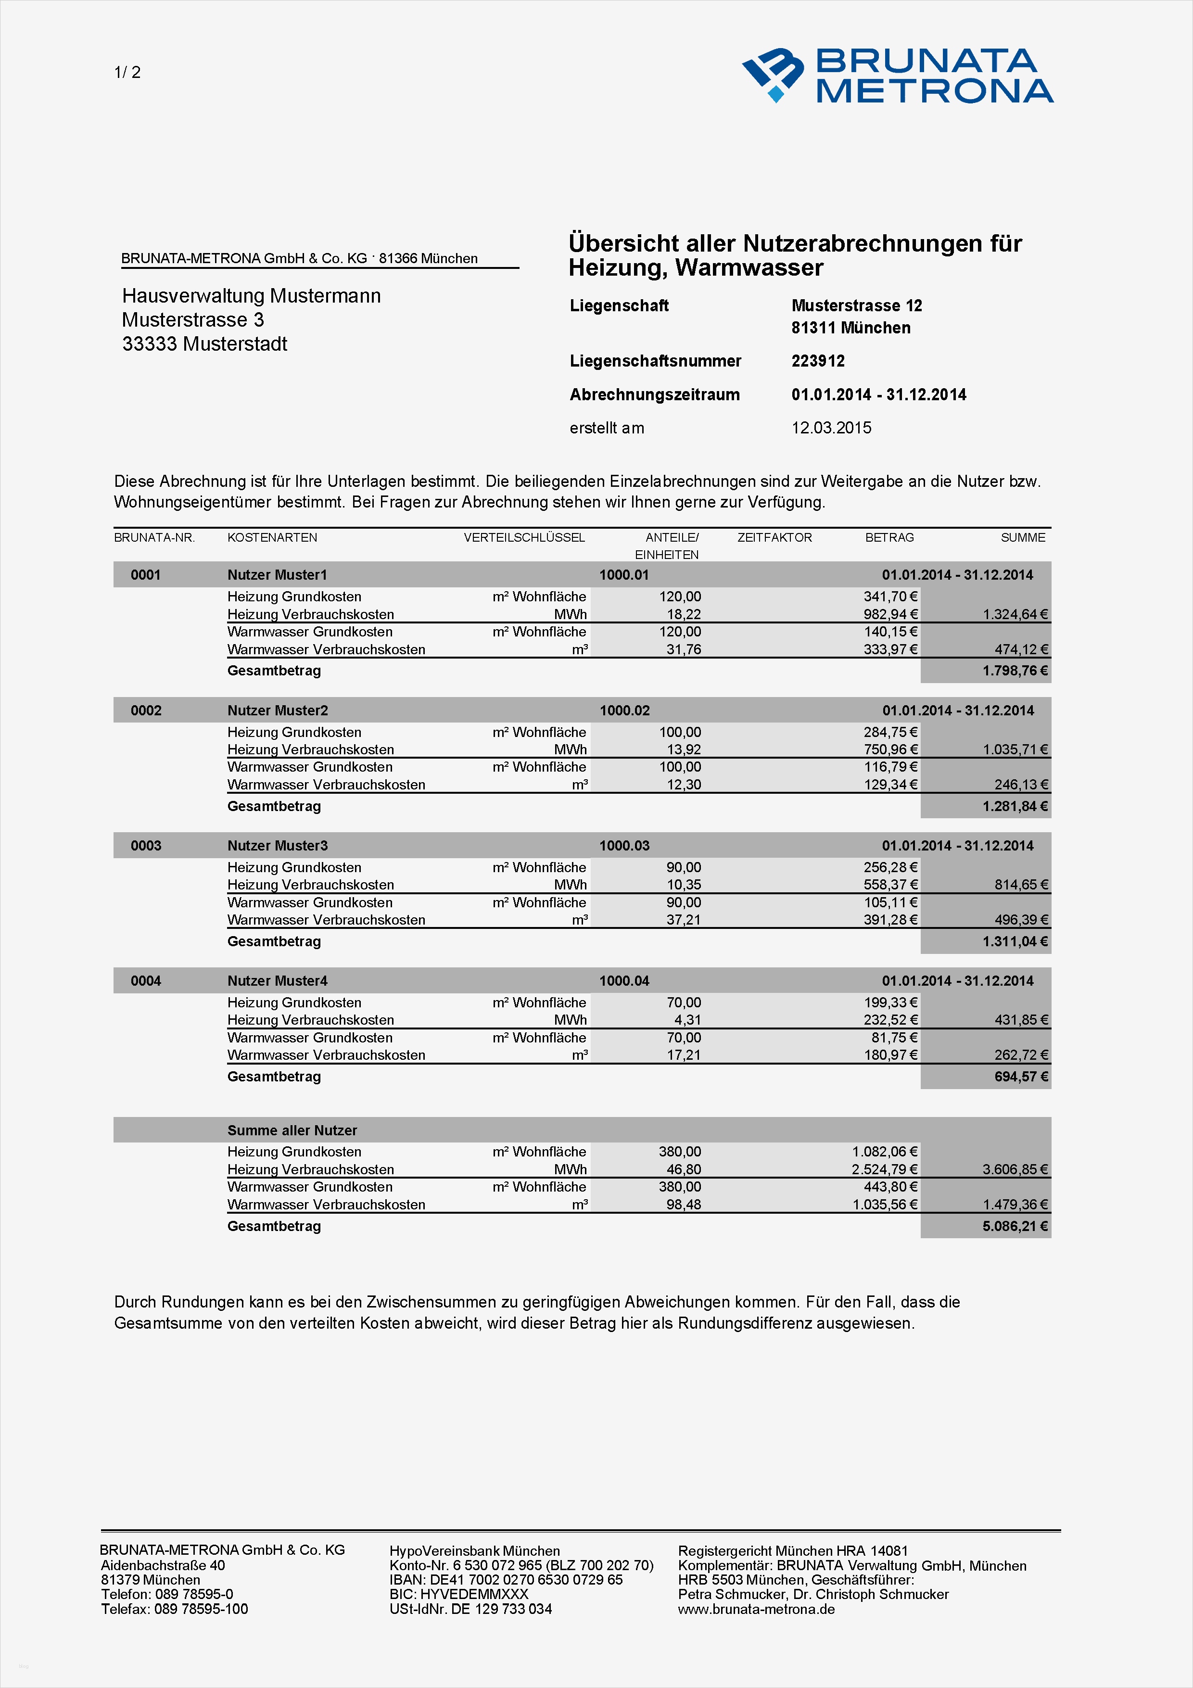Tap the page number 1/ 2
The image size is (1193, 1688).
[127, 72]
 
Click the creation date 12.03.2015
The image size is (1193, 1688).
[831, 428]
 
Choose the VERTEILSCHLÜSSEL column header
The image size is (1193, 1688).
[523, 537]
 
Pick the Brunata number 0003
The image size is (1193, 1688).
[146, 846]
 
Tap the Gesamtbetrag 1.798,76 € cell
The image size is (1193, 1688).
[1015, 671]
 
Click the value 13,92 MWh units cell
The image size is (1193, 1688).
[683, 749]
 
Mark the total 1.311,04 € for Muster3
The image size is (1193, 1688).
[1015, 941]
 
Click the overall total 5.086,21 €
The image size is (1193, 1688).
[1015, 1226]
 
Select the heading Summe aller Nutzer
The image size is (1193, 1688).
[292, 1130]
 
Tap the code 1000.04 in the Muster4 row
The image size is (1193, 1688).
[624, 981]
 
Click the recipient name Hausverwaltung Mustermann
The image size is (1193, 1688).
[252, 295]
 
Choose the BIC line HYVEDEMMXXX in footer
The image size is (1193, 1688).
[458, 1594]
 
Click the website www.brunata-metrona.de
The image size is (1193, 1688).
[756, 1609]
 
